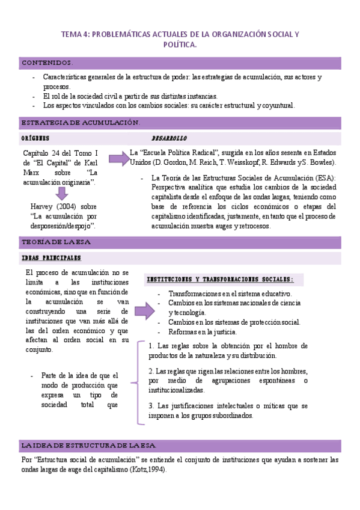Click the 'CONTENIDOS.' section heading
click(47, 63)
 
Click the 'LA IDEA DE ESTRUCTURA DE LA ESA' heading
click(88, 446)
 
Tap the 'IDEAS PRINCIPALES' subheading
click(51, 258)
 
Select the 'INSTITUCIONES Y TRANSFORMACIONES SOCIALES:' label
click(220, 280)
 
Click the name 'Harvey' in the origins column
click(43, 206)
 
